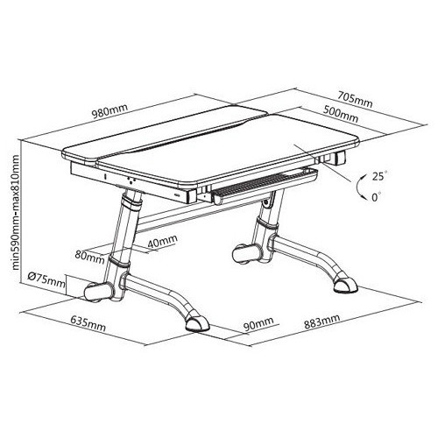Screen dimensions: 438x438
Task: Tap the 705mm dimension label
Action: click(355, 100)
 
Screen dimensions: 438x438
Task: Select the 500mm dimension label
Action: click(341, 114)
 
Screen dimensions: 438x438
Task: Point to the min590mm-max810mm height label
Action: click(16, 212)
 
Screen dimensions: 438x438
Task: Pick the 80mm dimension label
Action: click(89, 257)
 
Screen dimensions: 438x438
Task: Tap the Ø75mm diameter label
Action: click(46, 280)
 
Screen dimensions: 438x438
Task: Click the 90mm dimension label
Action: click(258, 323)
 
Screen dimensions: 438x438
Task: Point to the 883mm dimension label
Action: click(321, 321)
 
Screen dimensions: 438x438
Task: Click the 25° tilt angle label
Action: click(379, 176)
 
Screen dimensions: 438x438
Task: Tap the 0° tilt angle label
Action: click(377, 197)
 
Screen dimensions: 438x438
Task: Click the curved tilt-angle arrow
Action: click(357, 187)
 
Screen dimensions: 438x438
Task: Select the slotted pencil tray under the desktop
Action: click(265, 187)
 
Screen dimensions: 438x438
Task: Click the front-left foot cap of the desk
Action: click(197, 323)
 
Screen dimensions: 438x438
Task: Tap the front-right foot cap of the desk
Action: click(346, 285)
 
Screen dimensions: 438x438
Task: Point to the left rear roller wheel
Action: click(98, 293)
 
